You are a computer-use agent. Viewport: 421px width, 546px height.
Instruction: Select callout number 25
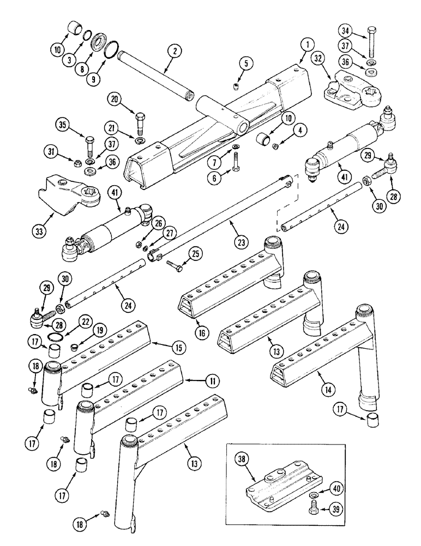pos(195,253)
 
